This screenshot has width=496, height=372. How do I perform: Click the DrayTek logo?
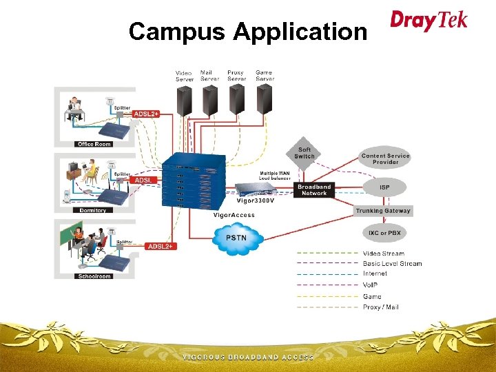[428, 20]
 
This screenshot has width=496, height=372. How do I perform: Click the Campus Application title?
[247, 32]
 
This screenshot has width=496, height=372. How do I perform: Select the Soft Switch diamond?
[304, 153]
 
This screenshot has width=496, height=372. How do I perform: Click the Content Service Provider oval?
[385, 159]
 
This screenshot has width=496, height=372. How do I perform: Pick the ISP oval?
[384, 187]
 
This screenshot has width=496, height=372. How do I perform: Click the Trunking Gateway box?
[383, 211]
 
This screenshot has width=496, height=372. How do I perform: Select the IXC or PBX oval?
[384, 233]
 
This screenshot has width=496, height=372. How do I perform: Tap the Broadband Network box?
[314, 189]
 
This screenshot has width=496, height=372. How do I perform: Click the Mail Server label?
[209, 75]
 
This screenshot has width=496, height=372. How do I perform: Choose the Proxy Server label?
[236, 75]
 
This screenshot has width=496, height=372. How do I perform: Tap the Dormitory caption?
[92, 210]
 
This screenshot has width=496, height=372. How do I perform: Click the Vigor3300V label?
[256, 201]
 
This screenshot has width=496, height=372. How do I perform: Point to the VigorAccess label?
[234, 215]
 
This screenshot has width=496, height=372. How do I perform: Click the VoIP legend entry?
[371, 285]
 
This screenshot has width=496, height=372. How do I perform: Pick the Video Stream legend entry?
[384, 254]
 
